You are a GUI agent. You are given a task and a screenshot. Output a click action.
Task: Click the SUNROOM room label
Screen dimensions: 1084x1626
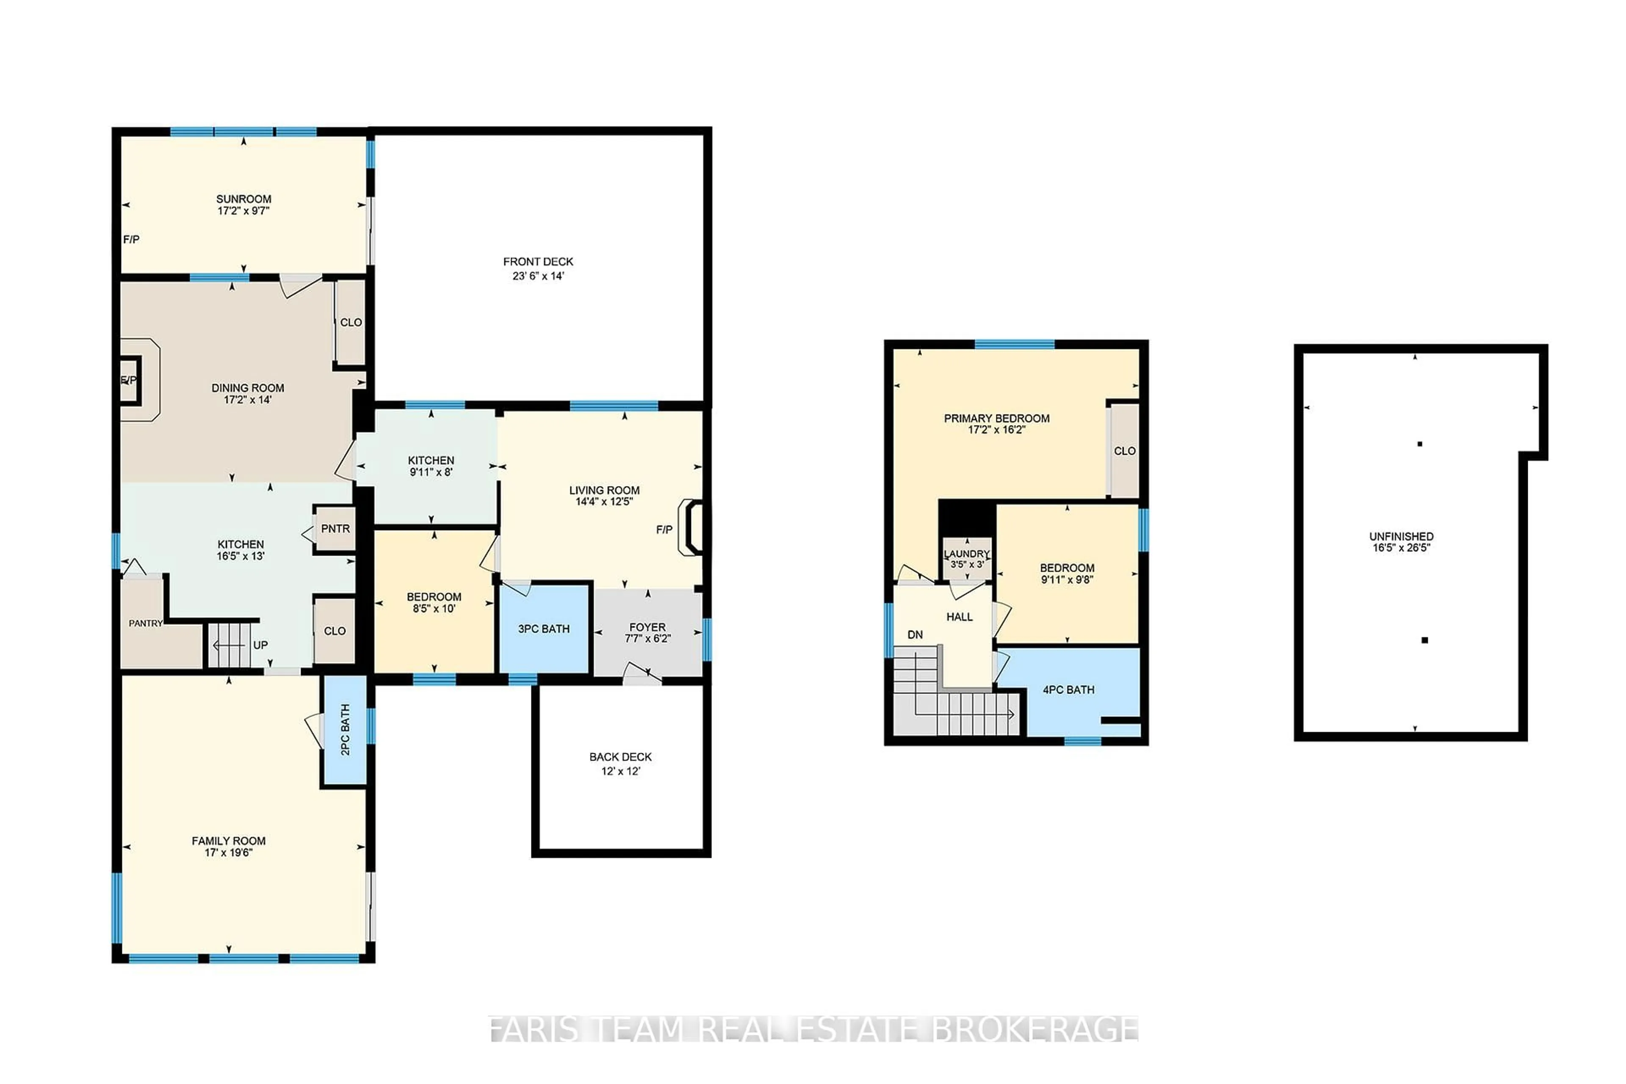point(243,199)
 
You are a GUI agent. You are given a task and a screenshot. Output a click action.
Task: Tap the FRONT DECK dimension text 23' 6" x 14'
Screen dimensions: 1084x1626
point(538,276)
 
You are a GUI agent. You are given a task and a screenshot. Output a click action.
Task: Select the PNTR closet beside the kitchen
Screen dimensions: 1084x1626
point(335,529)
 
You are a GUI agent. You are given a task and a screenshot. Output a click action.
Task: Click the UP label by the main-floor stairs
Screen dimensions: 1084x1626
point(260,645)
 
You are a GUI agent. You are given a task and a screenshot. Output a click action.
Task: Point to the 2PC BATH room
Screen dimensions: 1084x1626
point(345,729)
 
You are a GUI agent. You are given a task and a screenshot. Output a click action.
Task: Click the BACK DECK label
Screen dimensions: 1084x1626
point(620,757)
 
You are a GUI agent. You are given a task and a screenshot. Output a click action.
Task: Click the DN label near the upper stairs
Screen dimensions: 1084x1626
point(915,635)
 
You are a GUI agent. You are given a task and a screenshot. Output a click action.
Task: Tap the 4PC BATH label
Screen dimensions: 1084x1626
point(1068,689)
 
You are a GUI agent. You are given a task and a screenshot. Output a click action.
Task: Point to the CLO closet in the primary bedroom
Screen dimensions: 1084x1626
point(1124,451)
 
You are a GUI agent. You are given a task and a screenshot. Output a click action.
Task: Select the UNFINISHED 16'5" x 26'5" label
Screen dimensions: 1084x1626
point(1401,542)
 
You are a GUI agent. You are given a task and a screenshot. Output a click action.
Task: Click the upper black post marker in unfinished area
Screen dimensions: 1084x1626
point(1419,444)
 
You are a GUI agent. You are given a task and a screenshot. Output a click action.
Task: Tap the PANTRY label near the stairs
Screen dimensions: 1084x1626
point(145,624)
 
